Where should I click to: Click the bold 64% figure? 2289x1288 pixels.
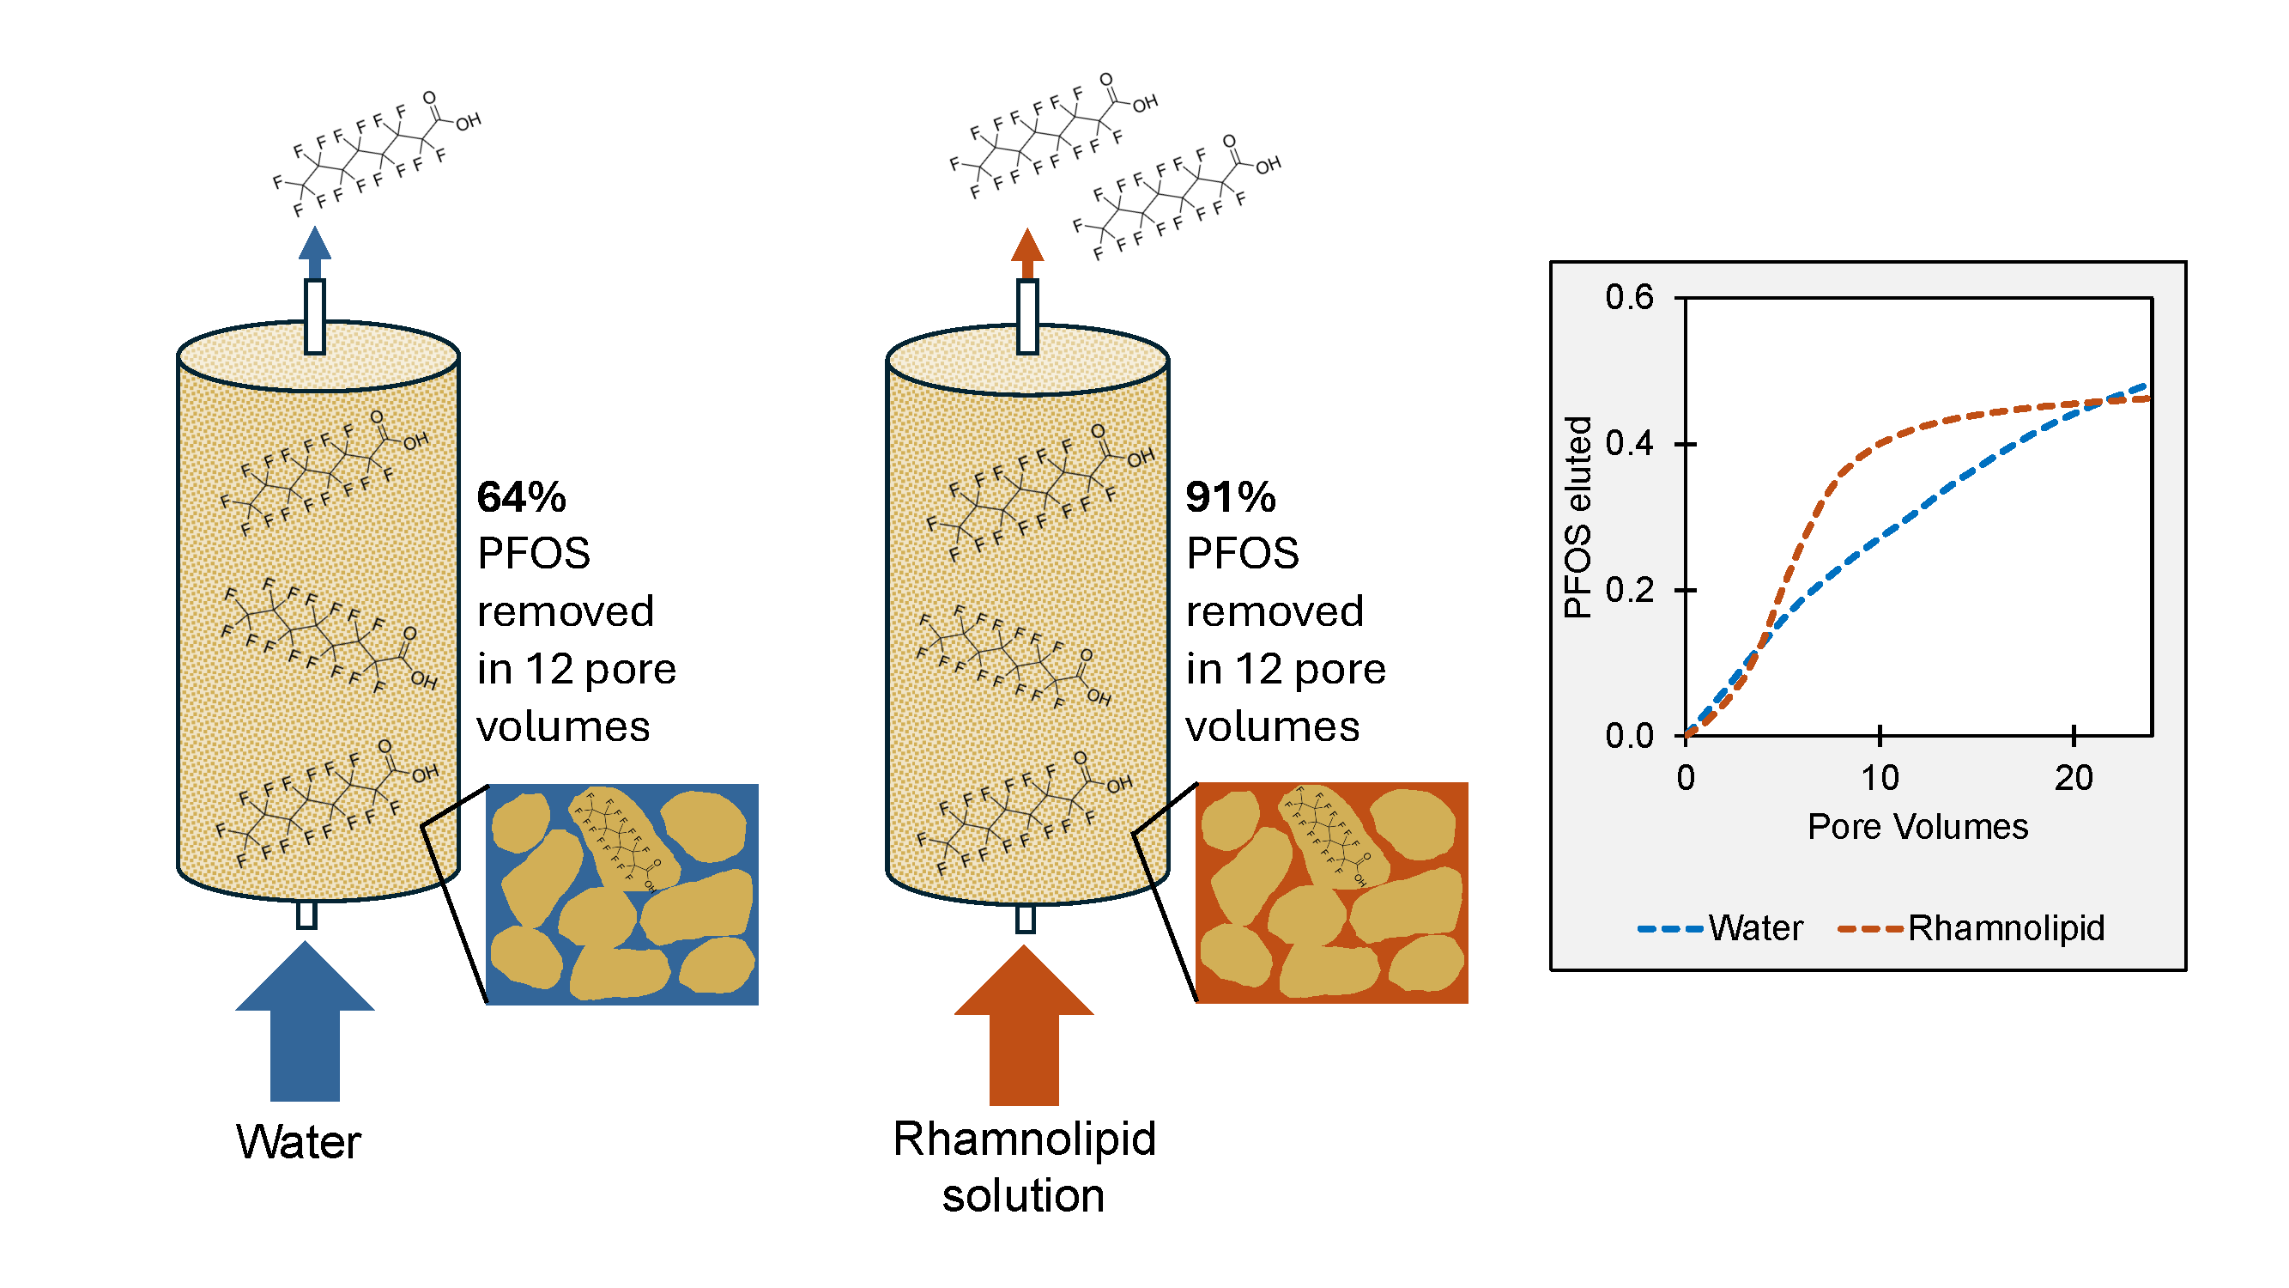(x=521, y=497)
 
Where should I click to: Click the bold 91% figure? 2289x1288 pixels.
(x=1230, y=497)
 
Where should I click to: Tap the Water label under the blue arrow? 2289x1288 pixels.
(x=299, y=1141)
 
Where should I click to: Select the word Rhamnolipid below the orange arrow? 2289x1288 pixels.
(x=1024, y=1139)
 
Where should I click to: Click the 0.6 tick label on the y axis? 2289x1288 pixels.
(x=1629, y=297)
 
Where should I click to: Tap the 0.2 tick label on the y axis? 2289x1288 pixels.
(x=1629, y=589)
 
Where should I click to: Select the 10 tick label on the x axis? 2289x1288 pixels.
(x=1880, y=778)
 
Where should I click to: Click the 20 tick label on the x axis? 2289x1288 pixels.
(x=2073, y=778)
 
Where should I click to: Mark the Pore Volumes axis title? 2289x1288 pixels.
(x=1917, y=827)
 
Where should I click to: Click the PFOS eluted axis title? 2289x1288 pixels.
(x=1577, y=517)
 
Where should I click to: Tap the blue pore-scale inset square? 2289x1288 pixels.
(x=622, y=894)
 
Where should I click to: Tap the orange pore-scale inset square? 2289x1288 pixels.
(x=1331, y=892)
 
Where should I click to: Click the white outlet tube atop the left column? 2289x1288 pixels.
(x=315, y=317)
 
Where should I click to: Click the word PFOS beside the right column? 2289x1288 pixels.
(x=1242, y=554)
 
